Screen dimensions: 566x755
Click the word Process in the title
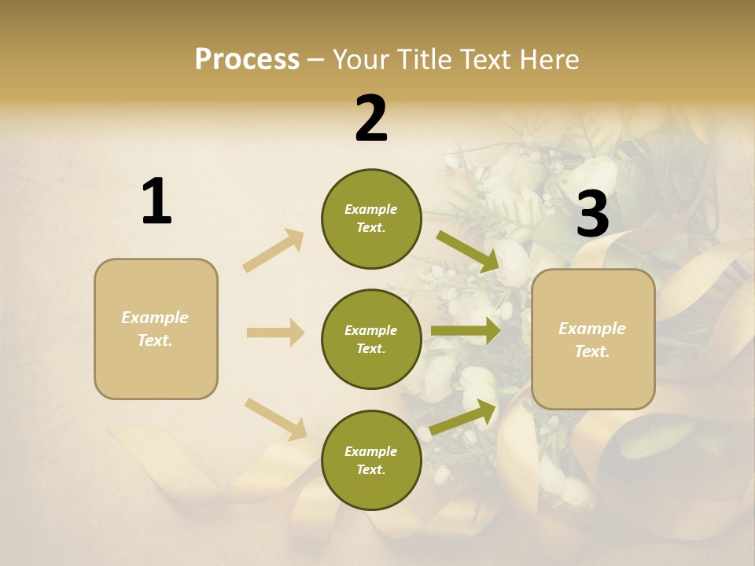(x=247, y=59)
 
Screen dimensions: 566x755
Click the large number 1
(x=157, y=201)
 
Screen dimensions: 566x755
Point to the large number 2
(x=371, y=119)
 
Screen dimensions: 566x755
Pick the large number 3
(x=592, y=214)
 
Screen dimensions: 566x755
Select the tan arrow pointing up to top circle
(x=274, y=250)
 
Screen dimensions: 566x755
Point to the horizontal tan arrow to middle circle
(x=275, y=333)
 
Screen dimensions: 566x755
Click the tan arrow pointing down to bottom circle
(x=275, y=418)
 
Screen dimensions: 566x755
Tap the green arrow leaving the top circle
(x=468, y=251)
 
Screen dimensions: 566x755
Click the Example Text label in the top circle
(x=371, y=219)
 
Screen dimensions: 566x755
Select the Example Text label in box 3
(x=592, y=340)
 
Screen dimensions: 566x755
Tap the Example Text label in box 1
(x=155, y=329)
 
